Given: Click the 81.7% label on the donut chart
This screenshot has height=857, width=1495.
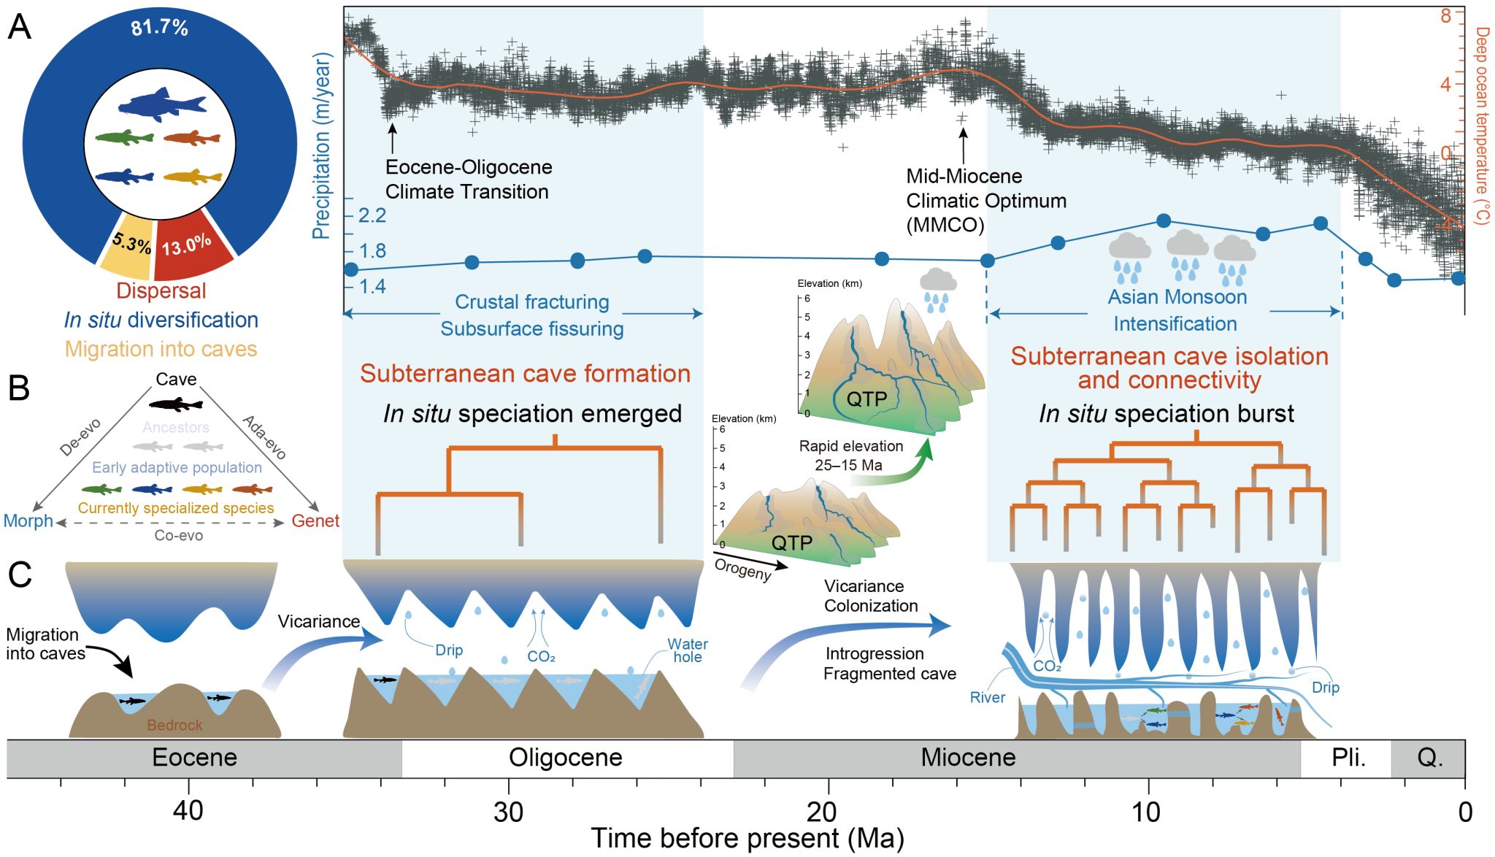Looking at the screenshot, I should point(159,28).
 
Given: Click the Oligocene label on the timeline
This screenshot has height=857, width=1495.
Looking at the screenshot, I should point(565,758).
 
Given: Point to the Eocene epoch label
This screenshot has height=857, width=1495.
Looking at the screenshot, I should point(194,758).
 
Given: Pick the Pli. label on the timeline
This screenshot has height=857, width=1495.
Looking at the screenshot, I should point(1348,758).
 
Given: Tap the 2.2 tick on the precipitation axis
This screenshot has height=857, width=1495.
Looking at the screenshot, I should point(372,215).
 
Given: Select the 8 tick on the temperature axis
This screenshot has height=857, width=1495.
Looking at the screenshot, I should point(1445,15).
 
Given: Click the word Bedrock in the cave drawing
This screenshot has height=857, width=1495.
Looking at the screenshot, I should point(174,725).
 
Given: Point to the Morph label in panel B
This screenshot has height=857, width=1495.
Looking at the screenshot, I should point(28,521).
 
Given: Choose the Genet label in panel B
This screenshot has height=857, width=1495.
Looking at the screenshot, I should point(315,521).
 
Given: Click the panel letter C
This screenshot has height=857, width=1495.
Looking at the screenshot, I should point(20,574).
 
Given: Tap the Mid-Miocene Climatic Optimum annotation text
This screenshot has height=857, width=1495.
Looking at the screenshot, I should point(985,200).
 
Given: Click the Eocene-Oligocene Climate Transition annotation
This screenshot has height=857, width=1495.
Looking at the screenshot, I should point(468,180).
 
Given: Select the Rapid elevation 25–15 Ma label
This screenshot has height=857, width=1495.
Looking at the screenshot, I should point(850,456).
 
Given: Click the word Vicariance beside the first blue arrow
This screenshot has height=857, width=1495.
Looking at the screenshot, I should point(319,621).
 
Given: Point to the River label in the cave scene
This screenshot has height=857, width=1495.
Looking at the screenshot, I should point(987,698).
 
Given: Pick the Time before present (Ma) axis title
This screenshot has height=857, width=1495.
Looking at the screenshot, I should point(747,839).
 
